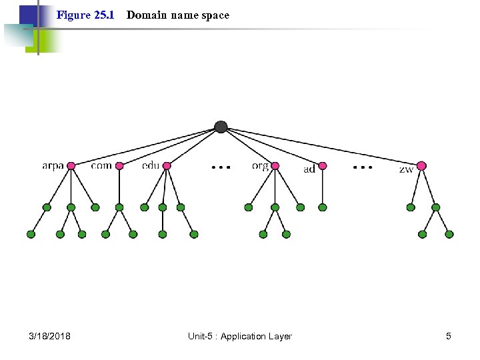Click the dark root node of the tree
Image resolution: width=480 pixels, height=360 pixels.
pos(221,127)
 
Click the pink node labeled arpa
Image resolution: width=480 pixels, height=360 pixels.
pos(71,166)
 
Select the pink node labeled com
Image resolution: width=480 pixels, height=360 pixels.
pos(119,166)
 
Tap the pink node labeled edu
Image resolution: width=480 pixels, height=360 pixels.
pos(167,166)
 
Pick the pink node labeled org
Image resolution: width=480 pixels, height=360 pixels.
pos(275,166)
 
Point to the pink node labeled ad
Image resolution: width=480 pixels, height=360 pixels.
pos(323,166)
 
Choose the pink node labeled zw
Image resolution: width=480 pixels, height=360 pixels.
pos(421,166)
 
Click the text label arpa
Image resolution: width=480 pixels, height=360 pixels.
pos(53,166)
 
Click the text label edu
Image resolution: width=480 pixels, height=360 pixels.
pos(151,165)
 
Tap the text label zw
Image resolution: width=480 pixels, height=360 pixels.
pos(406,169)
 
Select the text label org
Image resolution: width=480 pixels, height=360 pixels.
pos(261,166)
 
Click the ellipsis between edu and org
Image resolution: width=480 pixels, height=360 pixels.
pos(221,167)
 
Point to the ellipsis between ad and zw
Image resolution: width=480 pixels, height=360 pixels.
pos(363,167)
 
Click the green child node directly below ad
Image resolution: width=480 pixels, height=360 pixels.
pos(323,207)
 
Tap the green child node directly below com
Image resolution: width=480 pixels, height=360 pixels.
pos(119,207)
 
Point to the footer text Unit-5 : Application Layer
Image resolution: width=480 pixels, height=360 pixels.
pos(240,336)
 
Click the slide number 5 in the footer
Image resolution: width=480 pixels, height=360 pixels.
pos(449,336)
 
